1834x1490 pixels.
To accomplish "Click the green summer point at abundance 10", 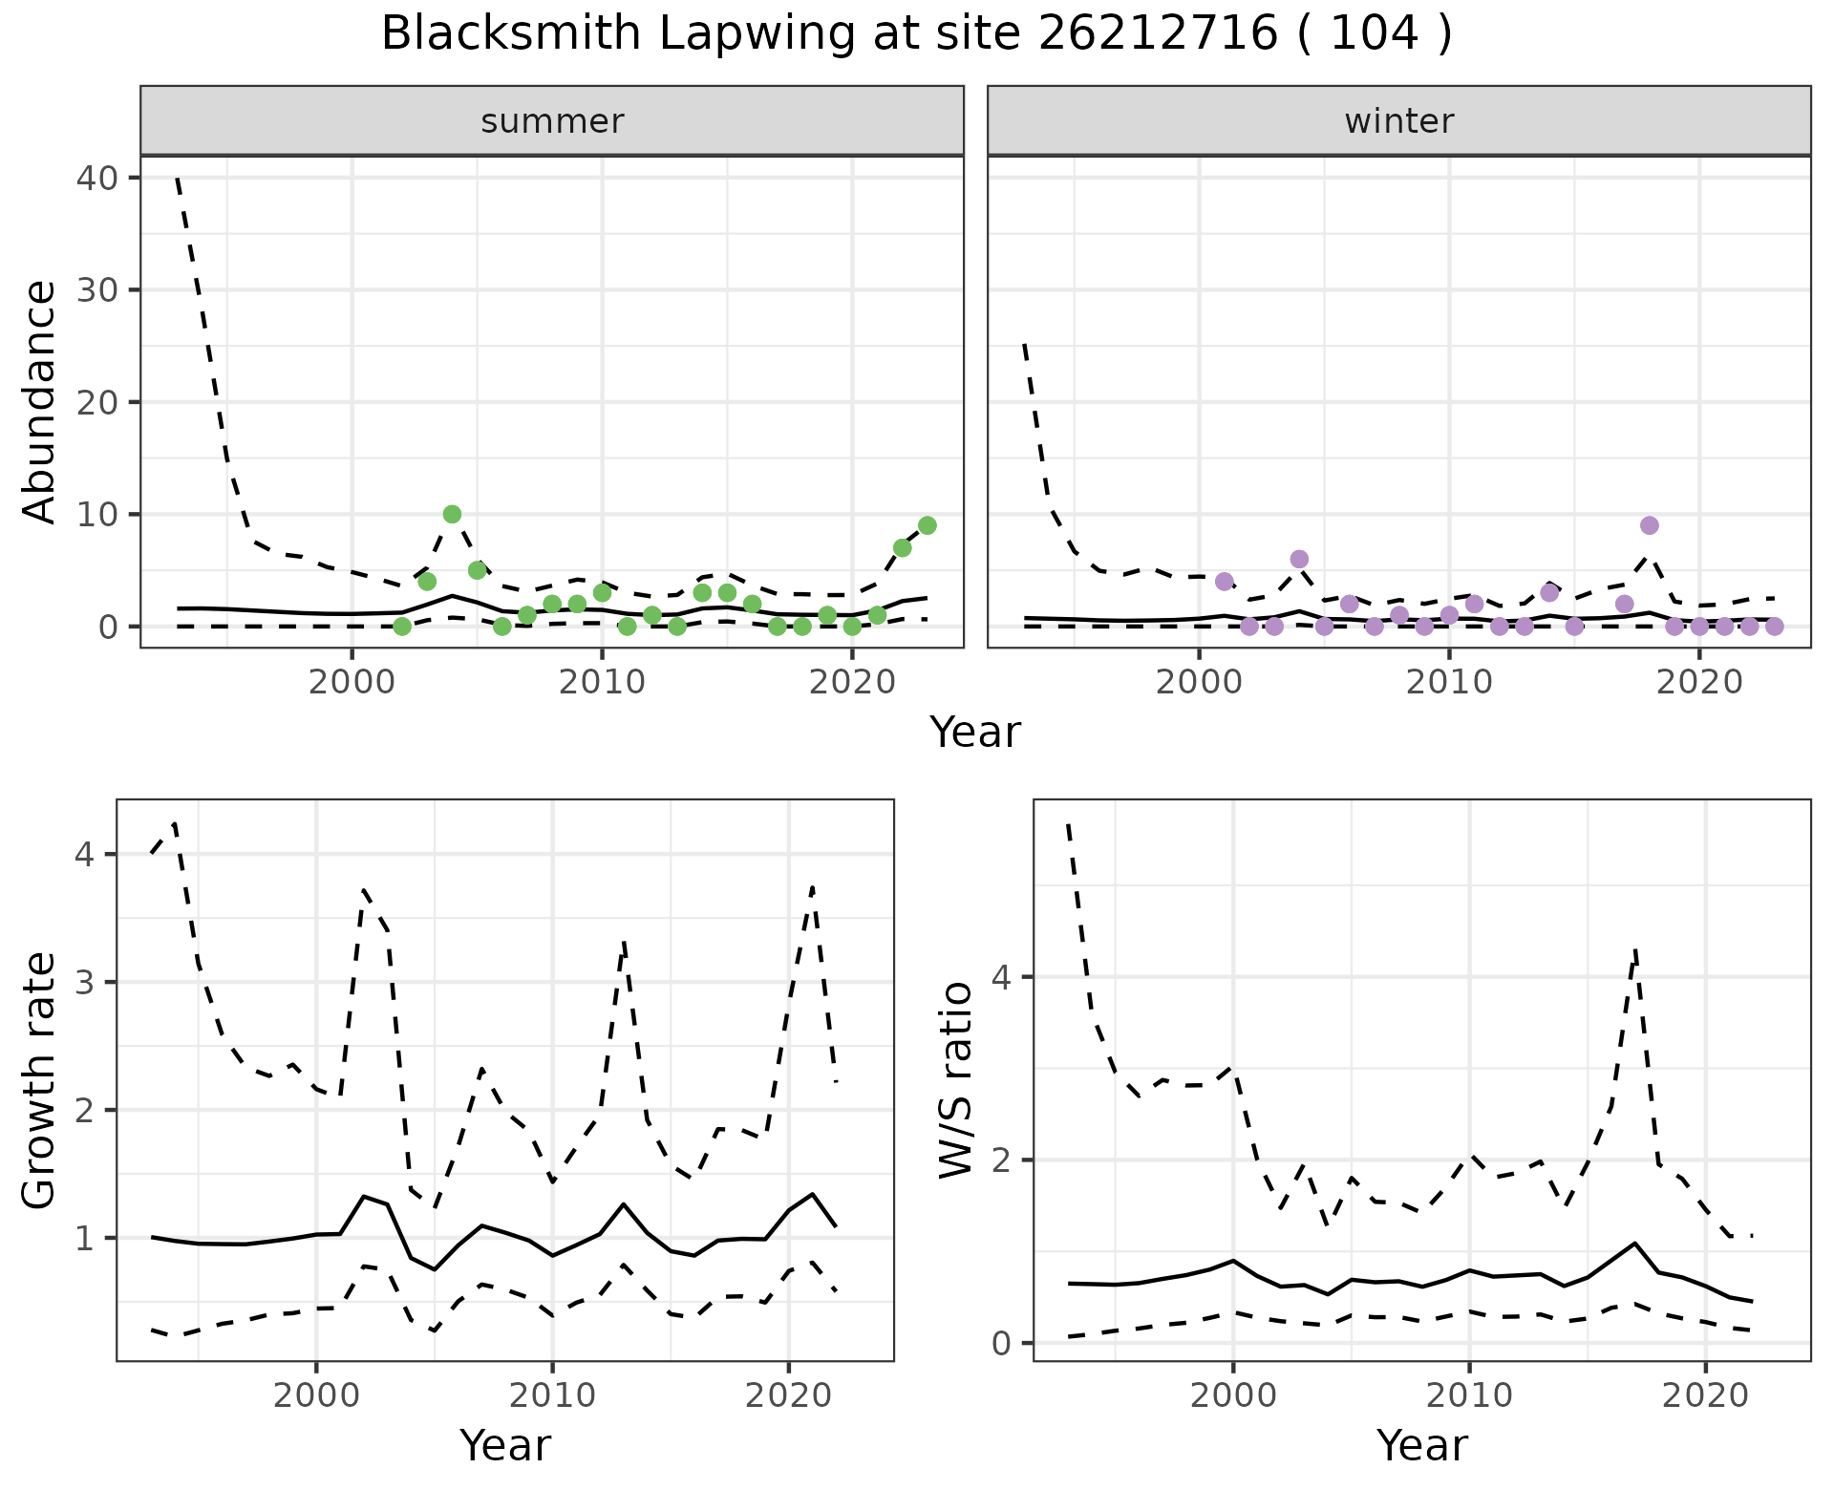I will pyautogui.click(x=452, y=514).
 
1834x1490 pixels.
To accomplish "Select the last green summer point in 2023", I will pyautogui.click(x=927, y=525).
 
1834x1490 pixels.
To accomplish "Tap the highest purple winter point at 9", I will pyautogui.click(x=1649, y=525).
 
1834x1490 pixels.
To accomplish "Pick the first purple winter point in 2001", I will pyautogui.click(x=1224, y=582).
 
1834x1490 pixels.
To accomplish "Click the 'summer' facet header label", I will pyautogui.click(x=552, y=121).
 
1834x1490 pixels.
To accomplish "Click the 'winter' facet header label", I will pyautogui.click(x=1398, y=121).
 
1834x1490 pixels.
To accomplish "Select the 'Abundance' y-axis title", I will pyautogui.click(x=40, y=401).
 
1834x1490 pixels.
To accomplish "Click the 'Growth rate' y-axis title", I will pyautogui.click(x=40, y=1081).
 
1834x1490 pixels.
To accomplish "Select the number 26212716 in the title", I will pyautogui.click(x=1157, y=34).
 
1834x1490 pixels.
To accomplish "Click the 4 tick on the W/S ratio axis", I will pyautogui.click(x=1001, y=977).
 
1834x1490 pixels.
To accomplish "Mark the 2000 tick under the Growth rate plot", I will pyautogui.click(x=316, y=1395).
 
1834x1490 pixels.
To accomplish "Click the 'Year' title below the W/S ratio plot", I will pyautogui.click(x=1421, y=1446).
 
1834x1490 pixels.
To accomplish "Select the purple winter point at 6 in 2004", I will pyautogui.click(x=1299, y=559).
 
